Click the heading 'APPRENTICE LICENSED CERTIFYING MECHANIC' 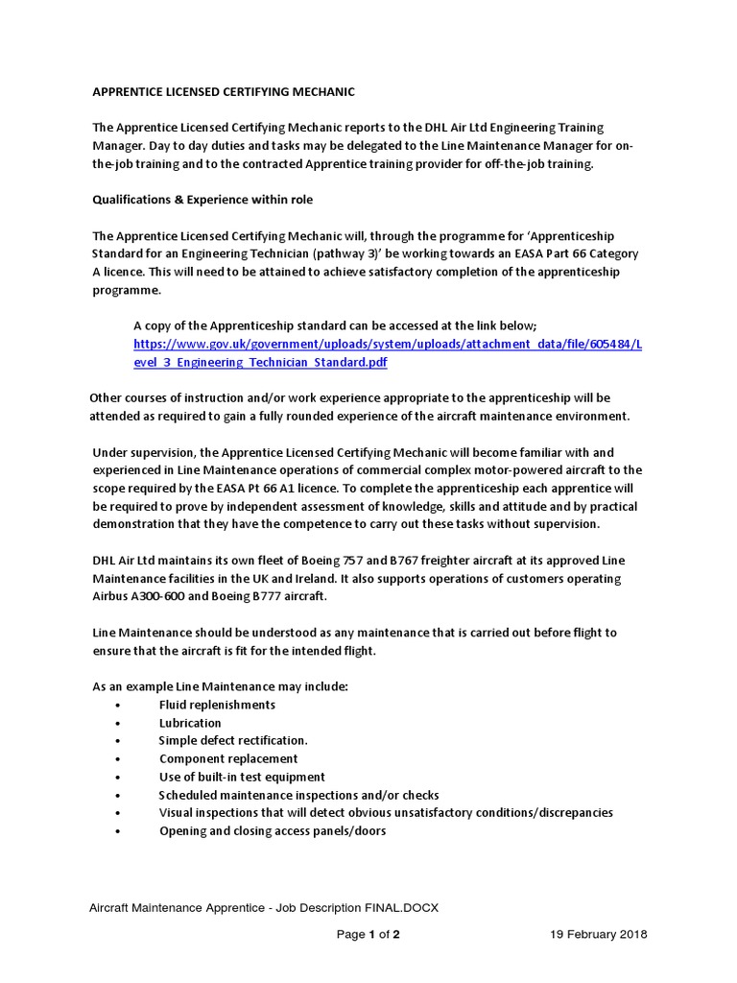coord(223,92)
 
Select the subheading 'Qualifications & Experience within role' coord(202,200)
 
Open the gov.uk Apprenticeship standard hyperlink coord(388,352)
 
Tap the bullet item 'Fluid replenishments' coord(217,705)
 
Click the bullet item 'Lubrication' coord(190,723)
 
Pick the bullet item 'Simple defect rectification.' coord(233,741)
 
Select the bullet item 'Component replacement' coord(228,759)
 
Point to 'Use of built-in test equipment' coord(242,777)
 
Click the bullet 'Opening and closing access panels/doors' coord(273,831)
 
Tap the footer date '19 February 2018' coord(599,934)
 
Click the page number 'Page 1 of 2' coord(368,934)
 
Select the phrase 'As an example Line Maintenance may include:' coord(220,687)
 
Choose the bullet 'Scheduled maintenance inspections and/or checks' coord(298,795)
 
